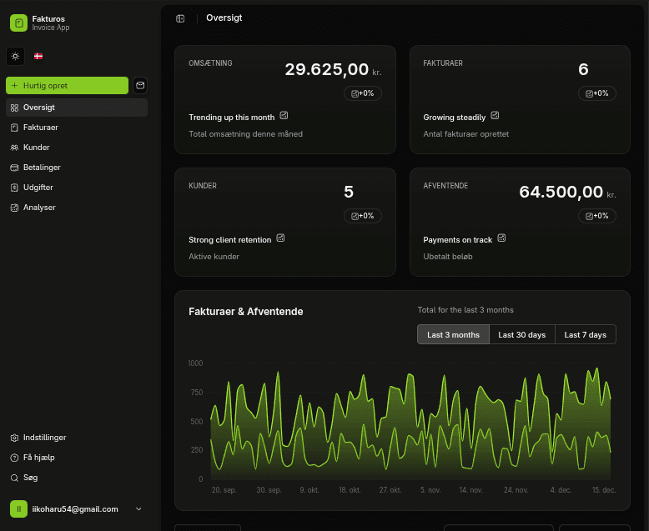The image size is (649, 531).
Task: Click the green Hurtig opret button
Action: [67, 85]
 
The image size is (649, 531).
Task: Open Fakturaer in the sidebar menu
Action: [40, 128]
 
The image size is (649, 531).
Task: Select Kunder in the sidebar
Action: [36, 148]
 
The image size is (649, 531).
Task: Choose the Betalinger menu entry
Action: [42, 168]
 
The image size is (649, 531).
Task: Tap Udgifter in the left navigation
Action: [38, 188]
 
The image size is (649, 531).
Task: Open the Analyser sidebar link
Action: [39, 208]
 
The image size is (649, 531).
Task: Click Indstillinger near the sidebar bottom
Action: [44, 438]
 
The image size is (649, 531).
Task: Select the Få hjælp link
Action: [38, 458]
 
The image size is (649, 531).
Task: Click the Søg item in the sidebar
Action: [30, 478]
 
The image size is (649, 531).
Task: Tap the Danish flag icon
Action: [38, 57]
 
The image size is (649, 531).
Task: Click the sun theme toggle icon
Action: [14, 57]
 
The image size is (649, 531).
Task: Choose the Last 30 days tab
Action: [521, 334]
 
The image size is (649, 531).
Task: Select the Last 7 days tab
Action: [585, 334]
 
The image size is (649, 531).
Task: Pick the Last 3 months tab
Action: [453, 334]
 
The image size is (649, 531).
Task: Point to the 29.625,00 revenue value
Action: [327, 70]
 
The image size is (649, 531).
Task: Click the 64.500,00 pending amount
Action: [561, 193]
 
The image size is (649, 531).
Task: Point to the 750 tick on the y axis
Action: [196, 393]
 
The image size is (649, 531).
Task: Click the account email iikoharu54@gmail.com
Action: [74, 509]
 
